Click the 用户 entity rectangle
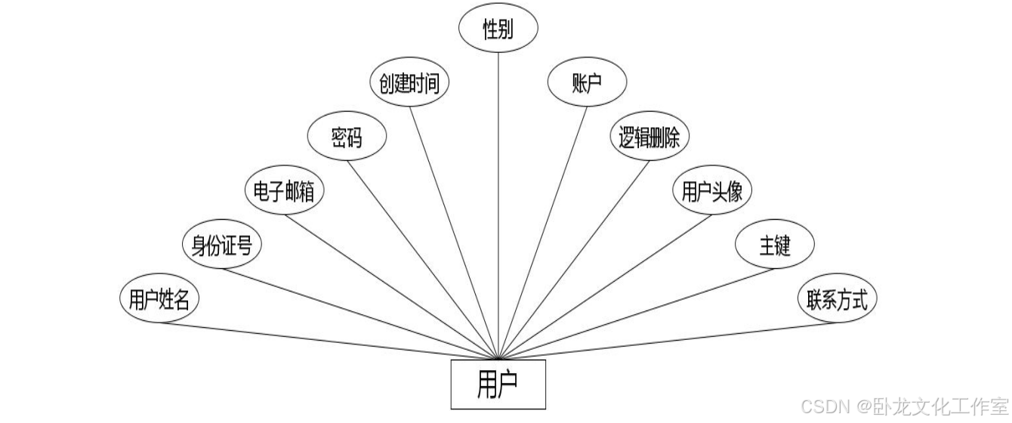[x=498, y=384]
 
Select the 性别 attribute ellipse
[x=498, y=28]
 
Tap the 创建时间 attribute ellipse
[x=409, y=82]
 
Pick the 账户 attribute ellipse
[x=588, y=82]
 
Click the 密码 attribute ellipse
[x=347, y=137]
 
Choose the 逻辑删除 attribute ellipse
[x=649, y=137]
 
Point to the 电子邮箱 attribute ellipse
[x=285, y=191]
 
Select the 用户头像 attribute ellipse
[x=711, y=191]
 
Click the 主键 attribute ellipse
[x=774, y=245]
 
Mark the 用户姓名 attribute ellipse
[x=159, y=300]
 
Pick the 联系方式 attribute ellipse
[x=837, y=300]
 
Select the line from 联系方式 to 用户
[x=665, y=341]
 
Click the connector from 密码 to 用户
[x=423, y=259]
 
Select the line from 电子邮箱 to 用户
[x=393, y=286]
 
